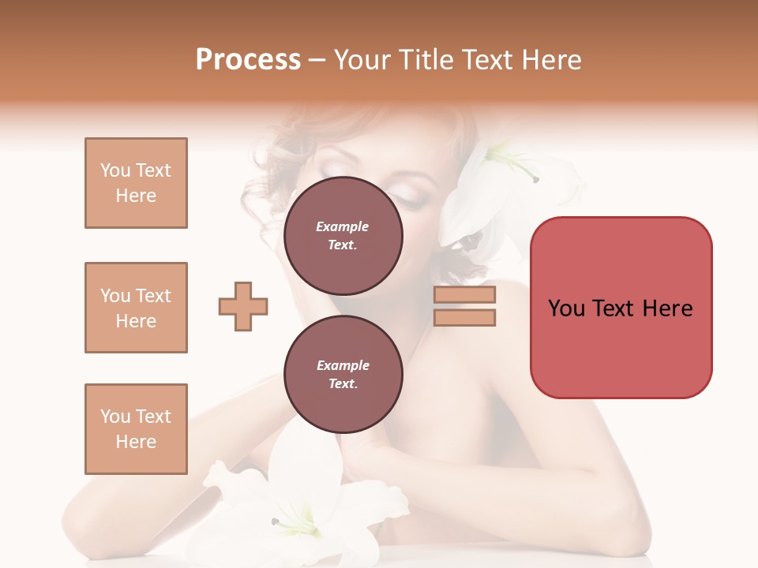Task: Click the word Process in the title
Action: [x=248, y=60]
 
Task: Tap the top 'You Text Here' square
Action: [x=136, y=183]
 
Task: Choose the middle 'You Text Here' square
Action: [x=136, y=308]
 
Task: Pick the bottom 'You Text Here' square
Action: [x=136, y=429]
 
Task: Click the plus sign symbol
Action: [x=243, y=306]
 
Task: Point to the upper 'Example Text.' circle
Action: [x=343, y=236]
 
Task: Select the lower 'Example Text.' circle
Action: [x=343, y=375]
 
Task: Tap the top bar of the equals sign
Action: [x=464, y=294]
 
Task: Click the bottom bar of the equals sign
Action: [x=464, y=317]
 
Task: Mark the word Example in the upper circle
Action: [x=343, y=226]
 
